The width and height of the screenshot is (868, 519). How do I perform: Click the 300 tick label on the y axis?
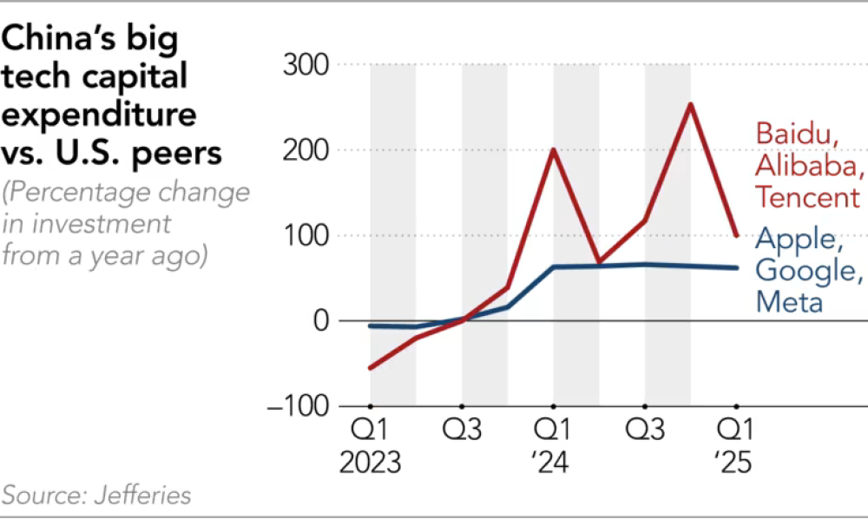(x=306, y=65)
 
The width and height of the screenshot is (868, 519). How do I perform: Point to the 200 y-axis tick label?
(x=306, y=150)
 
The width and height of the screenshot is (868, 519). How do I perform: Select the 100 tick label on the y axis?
(x=306, y=236)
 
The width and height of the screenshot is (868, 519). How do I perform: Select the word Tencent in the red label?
(x=807, y=197)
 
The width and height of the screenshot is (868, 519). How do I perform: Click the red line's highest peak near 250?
(x=690, y=105)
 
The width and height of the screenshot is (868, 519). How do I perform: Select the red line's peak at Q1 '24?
(x=553, y=150)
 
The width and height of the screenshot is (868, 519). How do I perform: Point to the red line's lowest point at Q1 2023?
(x=371, y=368)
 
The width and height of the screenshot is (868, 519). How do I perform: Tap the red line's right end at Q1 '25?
(x=736, y=235)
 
